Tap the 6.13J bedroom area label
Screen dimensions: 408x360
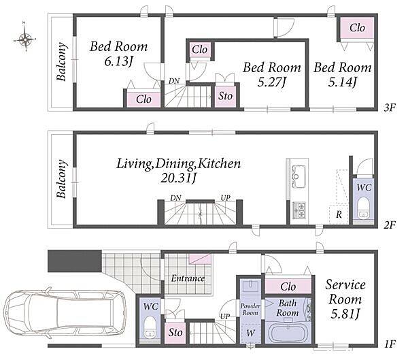(x=118, y=62)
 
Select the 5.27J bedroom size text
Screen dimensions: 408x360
(x=272, y=82)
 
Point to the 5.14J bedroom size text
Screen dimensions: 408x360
(x=343, y=82)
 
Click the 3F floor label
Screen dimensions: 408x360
(x=390, y=108)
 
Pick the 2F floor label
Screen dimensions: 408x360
(x=390, y=225)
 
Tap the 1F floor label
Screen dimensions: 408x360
(x=390, y=344)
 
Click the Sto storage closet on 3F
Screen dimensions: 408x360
(x=225, y=96)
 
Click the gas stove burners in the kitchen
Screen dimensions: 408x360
(x=299, y=210)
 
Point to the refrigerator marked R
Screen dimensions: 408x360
(x=339, y=214)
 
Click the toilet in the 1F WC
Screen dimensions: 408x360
(x=150, y=326)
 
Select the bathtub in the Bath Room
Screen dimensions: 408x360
(x=288, y=333)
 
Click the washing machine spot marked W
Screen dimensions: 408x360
(x=250, y=333)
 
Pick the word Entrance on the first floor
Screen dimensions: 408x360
(x=188, y=278)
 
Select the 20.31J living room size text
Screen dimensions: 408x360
(x=178, y=178)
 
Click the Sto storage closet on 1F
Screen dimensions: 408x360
(x=175, y=333)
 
